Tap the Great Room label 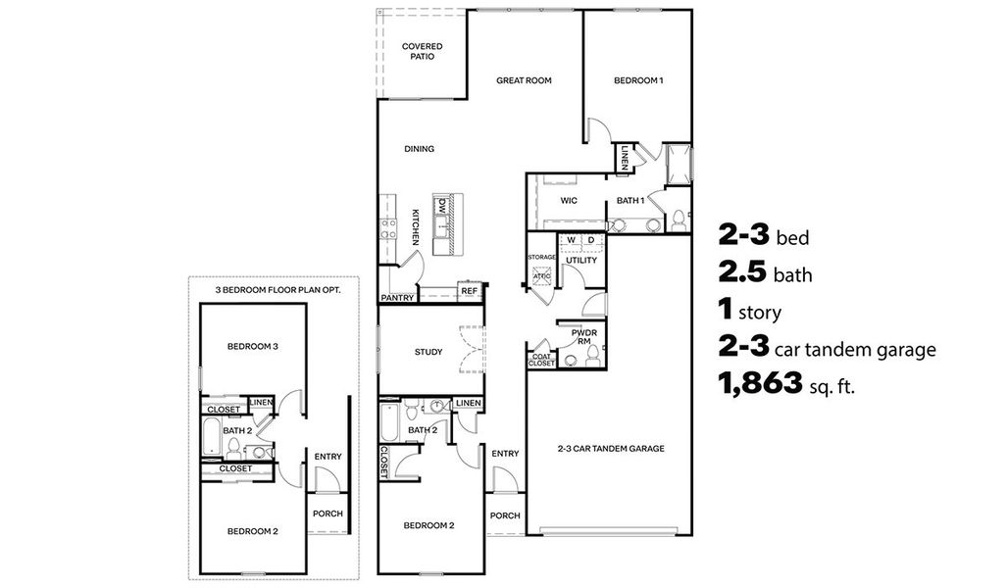click(525, 80)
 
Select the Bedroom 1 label click(638, 80)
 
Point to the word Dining click(420, 149)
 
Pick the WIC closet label click(568, 201)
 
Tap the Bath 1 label click(629, 201)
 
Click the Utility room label click(580, 261)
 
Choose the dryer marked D click(591, 239)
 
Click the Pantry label click(397, 296)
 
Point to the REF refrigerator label click(469, 291)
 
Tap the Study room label click(428, 352)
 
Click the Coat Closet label click(541, 360)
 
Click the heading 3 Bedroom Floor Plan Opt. click(272, 290)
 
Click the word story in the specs click(762, 314)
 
